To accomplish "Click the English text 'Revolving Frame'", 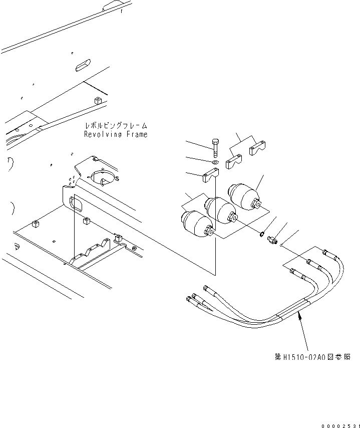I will [x=116, y=135].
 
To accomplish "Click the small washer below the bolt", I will [x=215, y=162].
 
